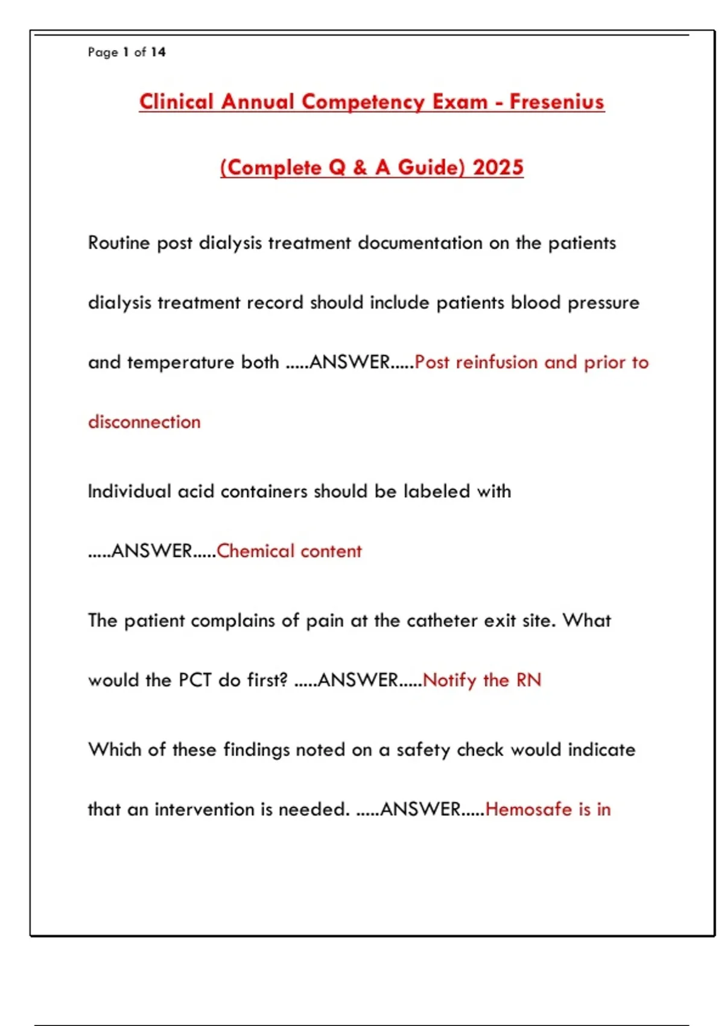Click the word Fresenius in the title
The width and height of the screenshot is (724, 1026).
(x=556, y=101)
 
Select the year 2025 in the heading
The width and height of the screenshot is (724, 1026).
(x=498, y=167)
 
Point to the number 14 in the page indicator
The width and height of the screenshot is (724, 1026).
(x=158, y=52)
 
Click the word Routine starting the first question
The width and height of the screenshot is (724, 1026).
(x=119, y=243)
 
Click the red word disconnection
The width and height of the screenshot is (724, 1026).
(x=144, y=421)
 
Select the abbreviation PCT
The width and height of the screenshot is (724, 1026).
(x=195, y=680)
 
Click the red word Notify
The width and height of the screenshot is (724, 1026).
(x=449, y=680)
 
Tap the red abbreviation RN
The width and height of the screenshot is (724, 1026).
(x=529, y=680)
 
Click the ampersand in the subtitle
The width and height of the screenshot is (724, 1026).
(x=360, y=167)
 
